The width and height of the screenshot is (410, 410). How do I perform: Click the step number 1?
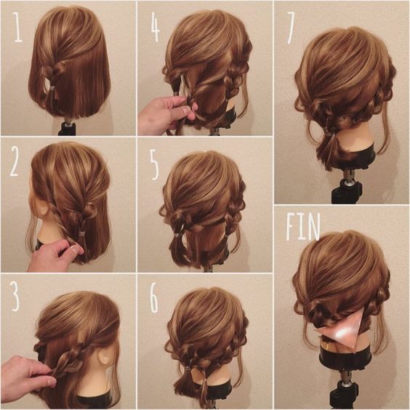tap(17, 28)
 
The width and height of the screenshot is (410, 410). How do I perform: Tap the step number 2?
tap(14, 161)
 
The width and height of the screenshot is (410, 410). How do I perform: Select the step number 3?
tap(15, 297)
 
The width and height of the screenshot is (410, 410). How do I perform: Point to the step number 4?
tap(156, 27)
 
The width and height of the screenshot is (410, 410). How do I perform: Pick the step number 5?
tap(155, 165)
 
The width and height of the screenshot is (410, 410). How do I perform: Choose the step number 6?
tap(154, 298)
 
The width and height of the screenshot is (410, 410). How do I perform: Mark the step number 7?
tap(291, 28)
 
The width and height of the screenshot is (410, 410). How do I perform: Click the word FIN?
tap(303, 227)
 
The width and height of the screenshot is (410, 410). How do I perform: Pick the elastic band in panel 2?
tap(82, 233)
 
